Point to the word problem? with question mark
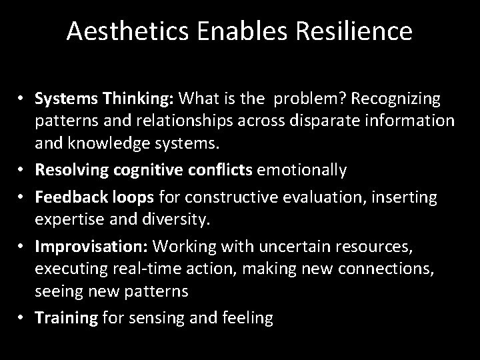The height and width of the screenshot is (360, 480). point(312,99)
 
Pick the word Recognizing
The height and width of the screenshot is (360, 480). point(398,99)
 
